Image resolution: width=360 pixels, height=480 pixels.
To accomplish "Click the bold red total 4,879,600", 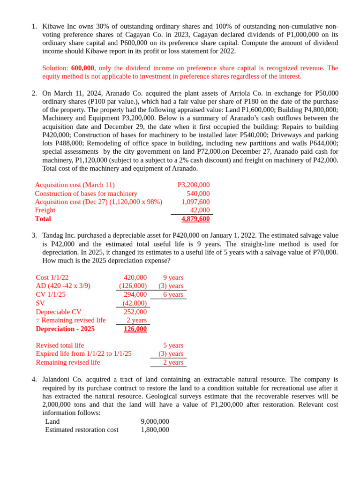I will (195, 219).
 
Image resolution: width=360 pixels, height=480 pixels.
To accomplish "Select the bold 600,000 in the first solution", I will (82, 68).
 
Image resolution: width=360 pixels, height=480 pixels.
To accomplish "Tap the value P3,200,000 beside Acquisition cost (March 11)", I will (194, 185).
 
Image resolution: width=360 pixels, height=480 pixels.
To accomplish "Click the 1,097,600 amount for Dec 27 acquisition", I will (195, 202).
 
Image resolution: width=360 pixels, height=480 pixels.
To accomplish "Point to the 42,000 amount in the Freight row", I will (200, 210).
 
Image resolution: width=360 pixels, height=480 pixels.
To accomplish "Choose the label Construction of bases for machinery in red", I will (86, 194).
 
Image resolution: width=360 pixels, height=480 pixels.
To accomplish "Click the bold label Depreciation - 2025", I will (65, 329).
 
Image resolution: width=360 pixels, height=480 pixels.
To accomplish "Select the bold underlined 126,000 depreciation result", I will (135, 329).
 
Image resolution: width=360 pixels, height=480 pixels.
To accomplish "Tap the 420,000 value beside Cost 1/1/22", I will (135, 277).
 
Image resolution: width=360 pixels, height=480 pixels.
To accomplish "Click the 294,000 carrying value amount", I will (135, 294).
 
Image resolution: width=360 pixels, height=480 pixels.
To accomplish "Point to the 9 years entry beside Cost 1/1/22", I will (173, 277).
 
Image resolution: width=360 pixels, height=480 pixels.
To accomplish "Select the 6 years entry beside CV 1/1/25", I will (173, 294).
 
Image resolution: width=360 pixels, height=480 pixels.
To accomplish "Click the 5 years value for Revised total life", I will (173, 345).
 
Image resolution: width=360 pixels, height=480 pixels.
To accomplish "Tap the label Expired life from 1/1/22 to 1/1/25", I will (83, 354).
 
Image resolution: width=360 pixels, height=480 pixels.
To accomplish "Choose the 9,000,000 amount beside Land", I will (155, 421).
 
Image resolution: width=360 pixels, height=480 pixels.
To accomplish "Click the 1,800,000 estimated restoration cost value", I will (155, 430).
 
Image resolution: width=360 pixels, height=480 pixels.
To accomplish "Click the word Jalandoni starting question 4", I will (58, 379).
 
